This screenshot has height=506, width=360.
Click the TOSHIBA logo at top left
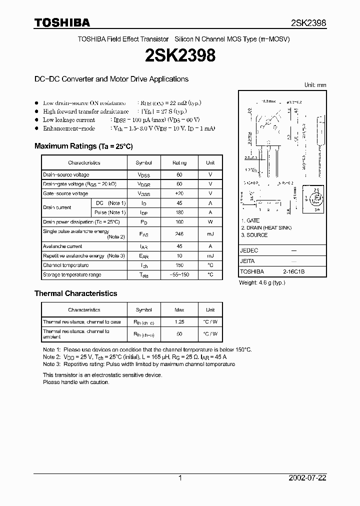[62, 22]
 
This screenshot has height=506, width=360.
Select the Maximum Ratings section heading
[83, 146]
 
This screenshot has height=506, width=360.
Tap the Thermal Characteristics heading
[75, 293]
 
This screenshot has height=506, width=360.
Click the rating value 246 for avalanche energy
[179, 234]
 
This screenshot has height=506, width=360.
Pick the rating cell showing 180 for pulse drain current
[179, 212]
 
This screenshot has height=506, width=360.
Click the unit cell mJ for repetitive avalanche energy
[210, 256]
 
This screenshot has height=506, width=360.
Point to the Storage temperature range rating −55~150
[179, 275]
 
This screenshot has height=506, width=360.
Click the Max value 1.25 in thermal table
[179, 322]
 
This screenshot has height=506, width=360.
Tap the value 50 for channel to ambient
[179, 333]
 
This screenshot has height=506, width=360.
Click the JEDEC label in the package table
[249, 250]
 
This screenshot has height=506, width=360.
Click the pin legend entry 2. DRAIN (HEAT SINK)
[266, 228]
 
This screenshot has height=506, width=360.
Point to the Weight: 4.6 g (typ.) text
[263, 283]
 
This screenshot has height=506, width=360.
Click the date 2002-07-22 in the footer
[307, 478]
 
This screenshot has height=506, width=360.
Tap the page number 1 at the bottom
[180, 478]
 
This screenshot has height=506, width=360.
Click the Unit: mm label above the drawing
[315, 85]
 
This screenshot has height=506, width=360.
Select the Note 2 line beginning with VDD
[135, 357]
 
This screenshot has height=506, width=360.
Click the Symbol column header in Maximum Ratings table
[144, 163]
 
